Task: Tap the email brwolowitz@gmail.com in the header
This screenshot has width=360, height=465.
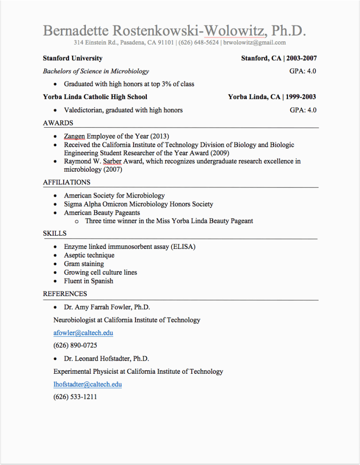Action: [255, 43]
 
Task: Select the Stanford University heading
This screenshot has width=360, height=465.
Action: [73, 58]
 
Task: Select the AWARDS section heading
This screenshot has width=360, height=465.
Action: [58, 123]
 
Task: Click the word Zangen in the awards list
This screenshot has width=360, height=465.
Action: [74, 136]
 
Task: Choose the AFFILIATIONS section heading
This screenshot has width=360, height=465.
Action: [66, 183]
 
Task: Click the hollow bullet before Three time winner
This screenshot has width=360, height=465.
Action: [76, 221]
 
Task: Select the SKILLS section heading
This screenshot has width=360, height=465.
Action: [55, 233]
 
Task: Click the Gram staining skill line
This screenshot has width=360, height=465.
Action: [84, 264]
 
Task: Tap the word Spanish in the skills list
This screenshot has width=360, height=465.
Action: [102, 281]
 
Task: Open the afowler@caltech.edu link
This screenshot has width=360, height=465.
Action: [83, 333]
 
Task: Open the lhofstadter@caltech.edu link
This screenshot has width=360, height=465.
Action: [88, 384]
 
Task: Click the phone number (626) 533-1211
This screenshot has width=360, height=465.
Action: [75, 397]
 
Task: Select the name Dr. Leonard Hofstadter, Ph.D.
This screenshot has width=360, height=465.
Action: [106, 359]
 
